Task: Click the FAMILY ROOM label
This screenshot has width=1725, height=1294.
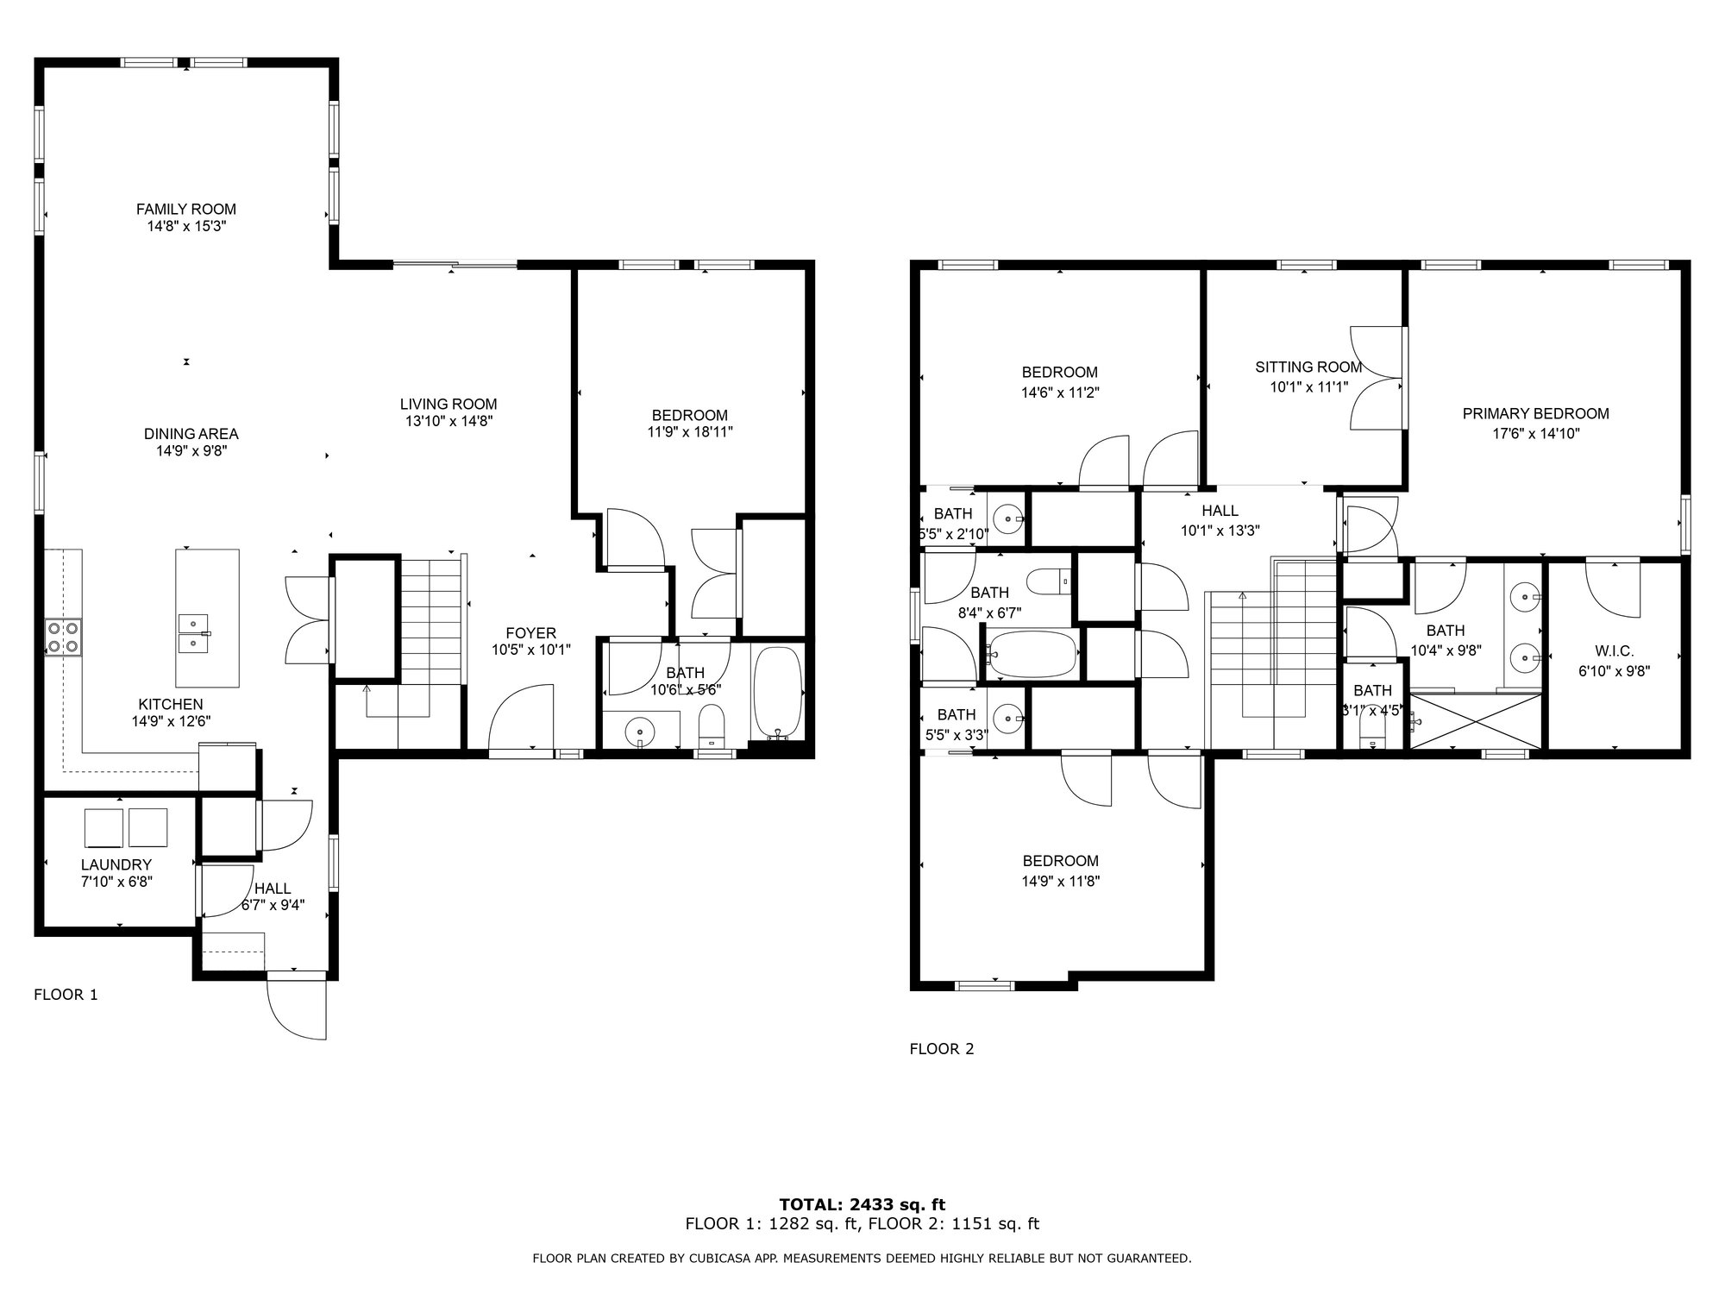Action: (186, 209)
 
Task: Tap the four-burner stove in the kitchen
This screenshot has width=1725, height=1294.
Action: (63, 638)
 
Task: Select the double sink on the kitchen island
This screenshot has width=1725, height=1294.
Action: (193, 634)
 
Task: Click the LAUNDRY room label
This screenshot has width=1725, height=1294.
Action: (116, 864)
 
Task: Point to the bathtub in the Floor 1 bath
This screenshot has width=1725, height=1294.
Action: (778, 692)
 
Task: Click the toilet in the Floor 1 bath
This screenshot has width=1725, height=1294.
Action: (711, 726)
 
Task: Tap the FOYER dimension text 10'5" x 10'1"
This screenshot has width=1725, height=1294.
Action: (531, 650)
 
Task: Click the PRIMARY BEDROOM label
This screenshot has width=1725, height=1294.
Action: (1536, 414)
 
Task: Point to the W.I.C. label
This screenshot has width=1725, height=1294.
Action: (1614, 651)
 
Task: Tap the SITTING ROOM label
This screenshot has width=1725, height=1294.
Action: (1308, 367)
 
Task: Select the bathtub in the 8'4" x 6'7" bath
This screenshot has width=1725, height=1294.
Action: (1032, 653)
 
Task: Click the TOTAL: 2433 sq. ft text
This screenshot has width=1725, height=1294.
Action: (862, 1204)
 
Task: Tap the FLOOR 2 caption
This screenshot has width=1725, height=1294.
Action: (942, 1049)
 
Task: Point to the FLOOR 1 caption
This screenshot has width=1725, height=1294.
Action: (66, 995)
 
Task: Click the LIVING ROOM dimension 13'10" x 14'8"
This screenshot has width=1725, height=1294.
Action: (448, 421)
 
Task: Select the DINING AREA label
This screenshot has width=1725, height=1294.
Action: (191, 434)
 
